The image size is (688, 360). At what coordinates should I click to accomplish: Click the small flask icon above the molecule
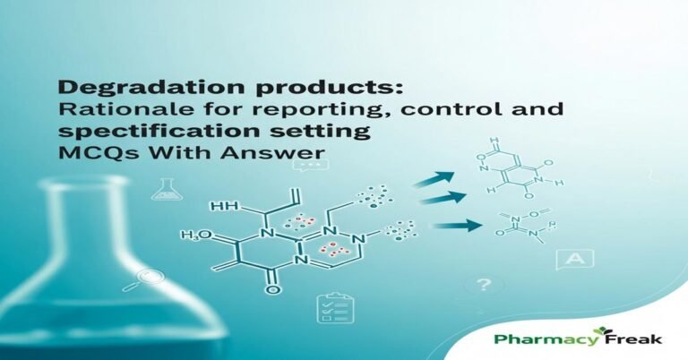coord(165,187)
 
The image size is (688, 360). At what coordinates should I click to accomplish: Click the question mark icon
coord(485,286)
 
